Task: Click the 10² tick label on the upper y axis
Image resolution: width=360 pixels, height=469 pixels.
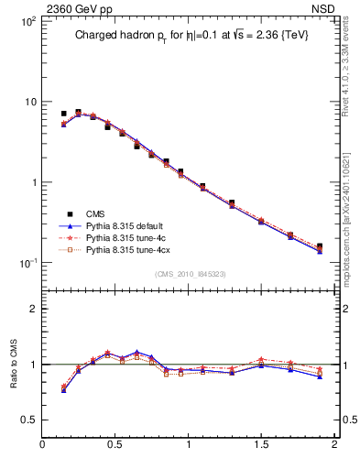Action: click(x=28, y=20)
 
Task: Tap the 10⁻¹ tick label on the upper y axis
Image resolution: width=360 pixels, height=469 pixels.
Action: click(x=28, y=264)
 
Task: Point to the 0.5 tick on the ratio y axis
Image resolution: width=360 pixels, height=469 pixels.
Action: click(x=28, y=420)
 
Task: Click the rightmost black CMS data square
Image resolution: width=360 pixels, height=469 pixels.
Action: click(x=320, y=246)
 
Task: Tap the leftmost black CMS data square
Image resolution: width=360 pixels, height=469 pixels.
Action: click(x=63, y=114)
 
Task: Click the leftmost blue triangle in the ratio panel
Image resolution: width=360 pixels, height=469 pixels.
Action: click(x=63, y=390)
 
